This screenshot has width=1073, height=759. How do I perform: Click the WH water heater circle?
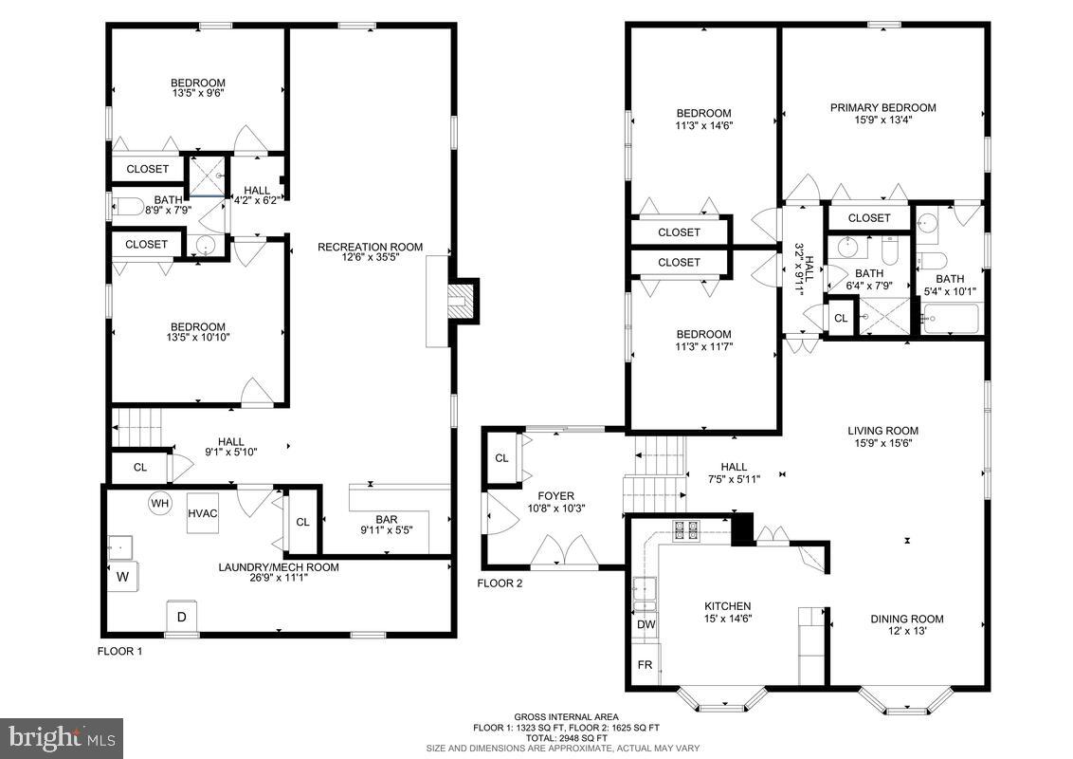coord(158,502)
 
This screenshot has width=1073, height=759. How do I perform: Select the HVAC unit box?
coord(203,513)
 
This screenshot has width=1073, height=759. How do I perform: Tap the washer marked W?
coord(123,576)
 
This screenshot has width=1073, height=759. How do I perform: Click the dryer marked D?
coord(182,617)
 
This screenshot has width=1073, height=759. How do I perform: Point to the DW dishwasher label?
coord(646,625)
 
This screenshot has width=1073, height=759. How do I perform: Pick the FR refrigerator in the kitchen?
coord(646,665)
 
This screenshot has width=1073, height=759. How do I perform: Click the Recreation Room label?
coord(370,247)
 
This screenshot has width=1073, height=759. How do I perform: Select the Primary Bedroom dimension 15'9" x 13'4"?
coord(882,120)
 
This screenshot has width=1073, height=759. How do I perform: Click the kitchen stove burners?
coord(685,528)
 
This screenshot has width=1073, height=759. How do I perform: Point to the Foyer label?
coord(556,495)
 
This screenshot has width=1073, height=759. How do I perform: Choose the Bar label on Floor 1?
coord(386,519)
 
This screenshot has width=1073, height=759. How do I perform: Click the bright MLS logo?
coord(62,735)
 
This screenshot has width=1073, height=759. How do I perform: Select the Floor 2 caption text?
coord(500,583)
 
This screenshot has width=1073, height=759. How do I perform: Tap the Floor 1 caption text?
coord(119,651)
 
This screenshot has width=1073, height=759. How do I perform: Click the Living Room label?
coord(882,431)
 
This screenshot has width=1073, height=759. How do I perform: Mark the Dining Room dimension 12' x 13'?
coord(907,632)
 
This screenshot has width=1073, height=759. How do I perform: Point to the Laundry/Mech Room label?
coord(279,567)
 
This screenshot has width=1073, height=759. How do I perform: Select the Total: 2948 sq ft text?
coord(566,737)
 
